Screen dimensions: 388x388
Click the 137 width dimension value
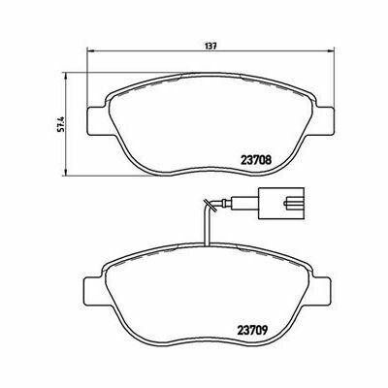coord(210,46)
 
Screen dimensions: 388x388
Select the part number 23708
coord(255,159)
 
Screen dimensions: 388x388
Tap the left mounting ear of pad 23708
coord(96,121)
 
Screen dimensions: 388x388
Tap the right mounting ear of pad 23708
coord(324,121)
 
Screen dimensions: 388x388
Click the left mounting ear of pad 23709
coord(93,290)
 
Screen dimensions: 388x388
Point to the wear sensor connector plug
coord(281,204)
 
